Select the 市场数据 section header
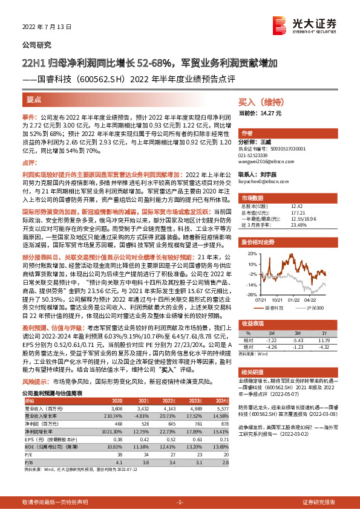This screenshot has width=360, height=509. click(x=252, y=197)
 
